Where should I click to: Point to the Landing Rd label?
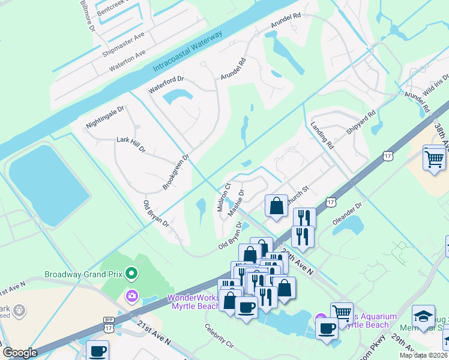[322, 136]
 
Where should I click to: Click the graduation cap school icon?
[424, 317]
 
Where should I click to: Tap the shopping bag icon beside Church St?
[276, 206]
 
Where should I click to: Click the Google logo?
[20, 352]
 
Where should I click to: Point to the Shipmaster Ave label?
[123, 44]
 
